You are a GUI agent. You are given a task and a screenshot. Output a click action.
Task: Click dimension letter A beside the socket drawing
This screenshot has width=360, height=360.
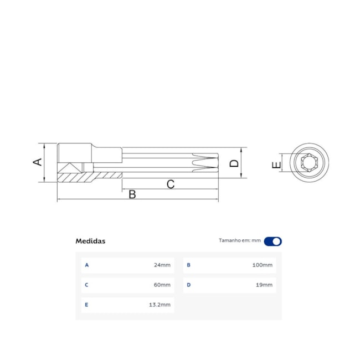pyautogui.click(x=37, y=162)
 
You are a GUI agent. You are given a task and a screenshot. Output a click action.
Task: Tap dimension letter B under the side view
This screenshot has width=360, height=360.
pyautogui.click(x=132, y=194)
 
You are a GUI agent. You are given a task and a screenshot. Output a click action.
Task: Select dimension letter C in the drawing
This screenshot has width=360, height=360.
pyautogui.click(x=171, y=184)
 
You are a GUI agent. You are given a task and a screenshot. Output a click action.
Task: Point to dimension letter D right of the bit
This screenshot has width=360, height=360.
pyautogui.click(x=234, y=163)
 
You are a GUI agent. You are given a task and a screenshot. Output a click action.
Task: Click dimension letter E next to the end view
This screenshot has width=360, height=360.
pyautogui.click(x=276, y=164)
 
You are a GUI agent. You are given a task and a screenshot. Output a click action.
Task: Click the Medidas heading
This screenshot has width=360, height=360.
pyautogui.click(x=90, y=241)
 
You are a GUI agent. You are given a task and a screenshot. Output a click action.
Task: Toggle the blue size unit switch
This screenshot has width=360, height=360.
pyautogui.click(x=272, y=241)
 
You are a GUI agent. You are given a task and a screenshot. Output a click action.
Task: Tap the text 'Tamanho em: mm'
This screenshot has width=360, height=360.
pyautogui.click(x=239, y=241)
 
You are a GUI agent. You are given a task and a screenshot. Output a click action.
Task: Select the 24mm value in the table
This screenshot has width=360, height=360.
pyautogui.click(x=162, y=265)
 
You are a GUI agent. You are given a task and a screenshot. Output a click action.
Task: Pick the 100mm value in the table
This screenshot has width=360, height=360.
pyautogui.click(x=262, y=265)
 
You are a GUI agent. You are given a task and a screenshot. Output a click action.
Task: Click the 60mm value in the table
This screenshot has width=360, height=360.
pyautogui.click(x=162, y=285)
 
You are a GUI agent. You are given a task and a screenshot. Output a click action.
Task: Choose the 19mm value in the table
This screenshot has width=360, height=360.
pyautogui.click(x=264, y=285)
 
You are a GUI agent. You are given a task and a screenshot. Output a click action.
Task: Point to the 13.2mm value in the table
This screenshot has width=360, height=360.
pyautogui.click(x=160, y=305)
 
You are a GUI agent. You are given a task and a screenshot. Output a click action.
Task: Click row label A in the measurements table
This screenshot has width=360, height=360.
pyautogui.click(x=86, y=265)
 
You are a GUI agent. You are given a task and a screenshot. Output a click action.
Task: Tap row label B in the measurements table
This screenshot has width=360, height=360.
pyautogui.click(x=188, y=265)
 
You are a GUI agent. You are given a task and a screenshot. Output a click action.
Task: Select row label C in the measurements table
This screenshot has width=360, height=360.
pyautogui.click(x=86, y=285)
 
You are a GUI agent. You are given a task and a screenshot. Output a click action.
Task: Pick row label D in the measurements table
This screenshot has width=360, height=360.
pyautogui.click(x=188, y=285)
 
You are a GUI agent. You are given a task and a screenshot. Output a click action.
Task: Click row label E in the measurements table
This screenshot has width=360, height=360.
pyautogui.click(x=86, y=305)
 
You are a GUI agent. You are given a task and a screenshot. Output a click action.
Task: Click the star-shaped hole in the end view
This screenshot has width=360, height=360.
pyautogui.click(x=307, y=164)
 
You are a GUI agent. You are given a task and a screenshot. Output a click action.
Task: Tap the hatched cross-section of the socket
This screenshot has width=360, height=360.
pyautogui.click(x=89, y=177)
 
